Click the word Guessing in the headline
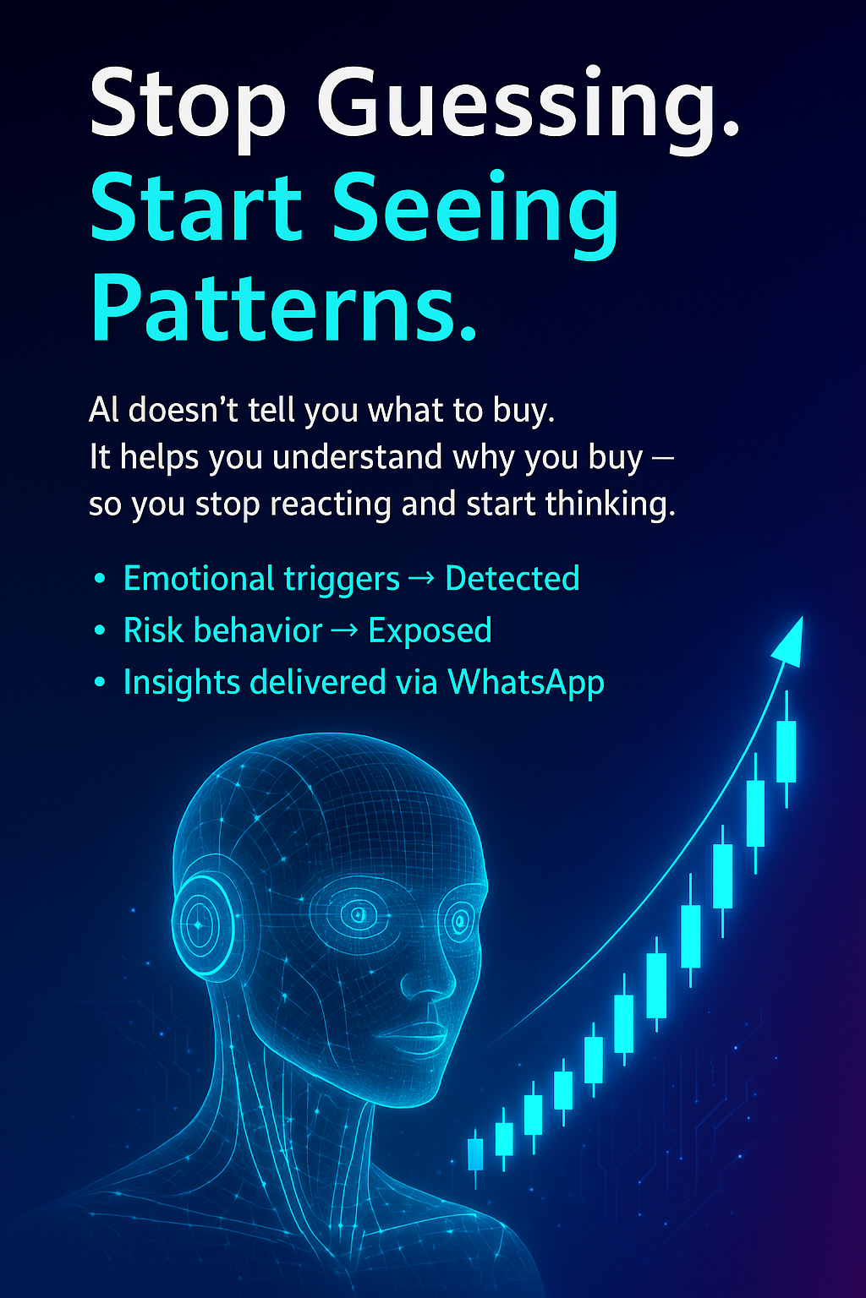point(529,106)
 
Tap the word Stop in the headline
point(188,106)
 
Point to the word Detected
point(512,579)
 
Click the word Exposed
point(430,630)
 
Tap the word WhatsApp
point(526,683)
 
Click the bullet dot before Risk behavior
point(101,631)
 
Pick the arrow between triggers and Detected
point(422,580)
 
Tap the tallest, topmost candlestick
point(787,750)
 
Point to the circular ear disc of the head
point(200,925)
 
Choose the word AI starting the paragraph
point(103,411)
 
